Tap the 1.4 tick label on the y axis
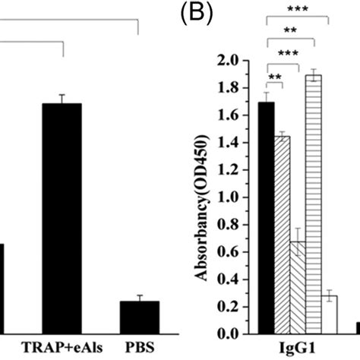pos(232,143)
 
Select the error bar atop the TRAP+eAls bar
pos(62,99)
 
